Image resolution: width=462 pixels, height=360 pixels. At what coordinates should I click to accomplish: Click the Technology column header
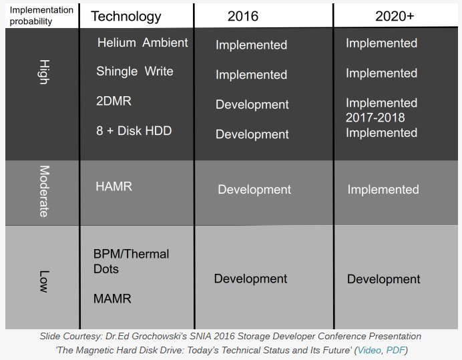click(126, 17)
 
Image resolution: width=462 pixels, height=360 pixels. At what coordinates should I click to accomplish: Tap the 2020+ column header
click(394, 17)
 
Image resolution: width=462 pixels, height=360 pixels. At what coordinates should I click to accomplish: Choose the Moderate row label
click(43, 191)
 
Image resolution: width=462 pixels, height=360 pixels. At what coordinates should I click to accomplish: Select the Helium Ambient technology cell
click(142, 43)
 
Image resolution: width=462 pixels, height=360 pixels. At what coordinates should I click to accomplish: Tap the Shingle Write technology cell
click(134, 71)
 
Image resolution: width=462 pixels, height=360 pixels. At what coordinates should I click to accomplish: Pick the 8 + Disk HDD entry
click(134, 131)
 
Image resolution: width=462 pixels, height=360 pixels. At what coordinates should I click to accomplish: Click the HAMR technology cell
click(113, 186)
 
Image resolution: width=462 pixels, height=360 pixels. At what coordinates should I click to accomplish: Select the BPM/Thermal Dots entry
click(131, 261)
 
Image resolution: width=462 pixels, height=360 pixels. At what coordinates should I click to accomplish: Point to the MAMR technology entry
click(112, 299)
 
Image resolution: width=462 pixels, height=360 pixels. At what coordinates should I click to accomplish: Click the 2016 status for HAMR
click(254, 190)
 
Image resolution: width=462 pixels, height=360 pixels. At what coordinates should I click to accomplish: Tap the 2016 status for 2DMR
click(252, 105)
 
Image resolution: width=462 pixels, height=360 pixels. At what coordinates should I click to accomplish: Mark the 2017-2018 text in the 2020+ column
click(375, 118)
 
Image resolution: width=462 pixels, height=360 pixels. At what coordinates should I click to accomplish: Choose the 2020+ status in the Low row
click(383, 279)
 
